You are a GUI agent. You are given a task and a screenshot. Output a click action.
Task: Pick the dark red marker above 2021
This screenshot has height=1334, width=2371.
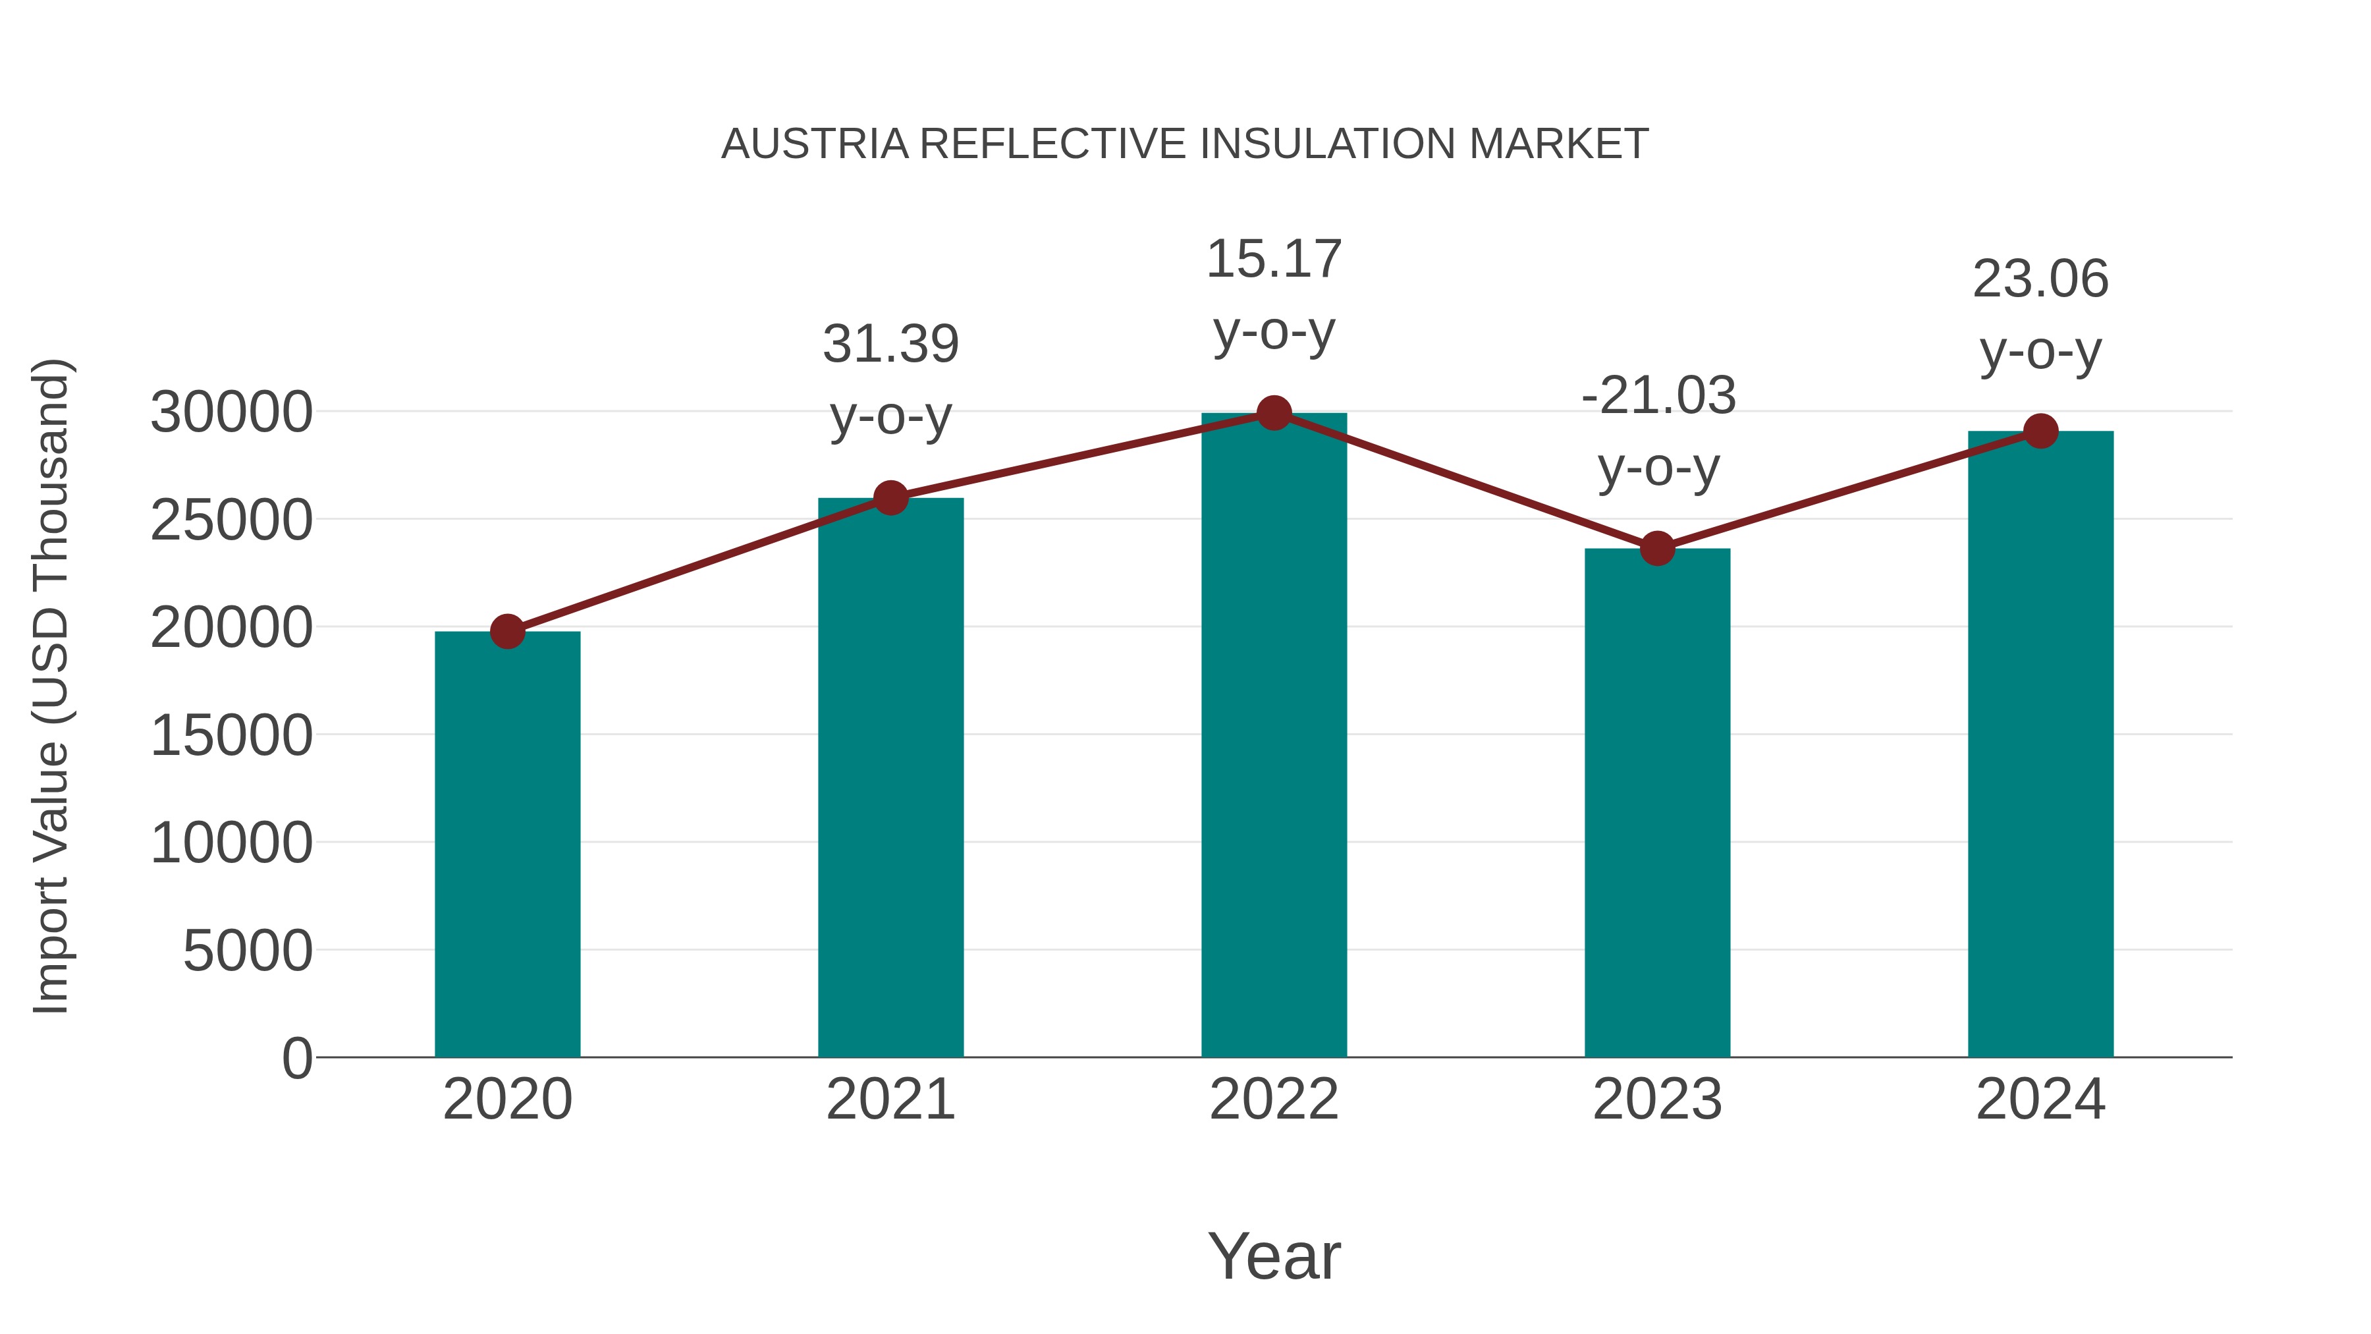click(890, 498)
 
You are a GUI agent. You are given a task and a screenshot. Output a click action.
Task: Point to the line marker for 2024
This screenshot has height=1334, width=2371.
click(2040, 431)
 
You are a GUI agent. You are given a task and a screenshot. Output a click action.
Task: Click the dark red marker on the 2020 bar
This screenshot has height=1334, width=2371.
click(507, 632)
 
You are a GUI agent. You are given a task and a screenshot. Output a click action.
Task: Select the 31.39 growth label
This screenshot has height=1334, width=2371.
click(890, 345)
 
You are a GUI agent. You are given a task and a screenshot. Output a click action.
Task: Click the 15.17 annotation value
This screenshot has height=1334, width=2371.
click(1274, 259)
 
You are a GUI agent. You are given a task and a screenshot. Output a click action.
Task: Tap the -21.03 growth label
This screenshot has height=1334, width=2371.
click(1658, 396)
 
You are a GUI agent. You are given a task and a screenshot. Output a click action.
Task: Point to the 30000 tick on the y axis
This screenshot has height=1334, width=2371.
click(231, 412)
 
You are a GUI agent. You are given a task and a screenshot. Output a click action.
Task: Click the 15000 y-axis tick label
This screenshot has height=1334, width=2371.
click(231, 736)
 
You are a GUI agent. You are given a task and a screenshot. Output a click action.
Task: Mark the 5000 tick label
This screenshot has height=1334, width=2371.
click(248, 951)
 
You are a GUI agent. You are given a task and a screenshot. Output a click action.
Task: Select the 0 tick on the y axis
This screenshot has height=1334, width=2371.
click(296, 1059)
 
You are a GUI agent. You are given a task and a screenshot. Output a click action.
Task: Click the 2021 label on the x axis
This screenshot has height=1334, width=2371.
click(890, 1099)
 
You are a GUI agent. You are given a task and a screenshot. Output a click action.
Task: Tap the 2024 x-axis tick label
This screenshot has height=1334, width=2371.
click(2040, 1099)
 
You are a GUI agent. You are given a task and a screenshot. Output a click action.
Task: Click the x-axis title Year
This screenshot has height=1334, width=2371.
click(1274, 1256)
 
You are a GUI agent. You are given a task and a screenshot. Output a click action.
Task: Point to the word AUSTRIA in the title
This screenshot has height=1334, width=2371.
click(815, 144)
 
